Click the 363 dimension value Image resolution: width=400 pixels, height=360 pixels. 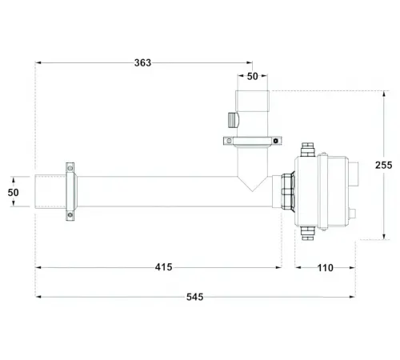[x=142, y=63]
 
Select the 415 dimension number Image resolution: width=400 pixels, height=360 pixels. [x=164, y=267]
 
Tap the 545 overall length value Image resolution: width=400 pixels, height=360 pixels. [x=195, y=297]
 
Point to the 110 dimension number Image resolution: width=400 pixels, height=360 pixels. [x=326, y=268]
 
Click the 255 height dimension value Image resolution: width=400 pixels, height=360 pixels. [x=384, y=166]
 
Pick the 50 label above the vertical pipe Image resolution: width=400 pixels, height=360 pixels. [x=253, y=77]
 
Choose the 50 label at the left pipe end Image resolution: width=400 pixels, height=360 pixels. [x=13, y=193]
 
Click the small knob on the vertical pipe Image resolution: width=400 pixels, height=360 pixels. [x=234, y=120]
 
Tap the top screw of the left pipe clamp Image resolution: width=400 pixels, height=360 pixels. [x=70, y=168]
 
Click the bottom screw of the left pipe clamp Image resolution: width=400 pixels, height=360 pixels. [x=70, y=214]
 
